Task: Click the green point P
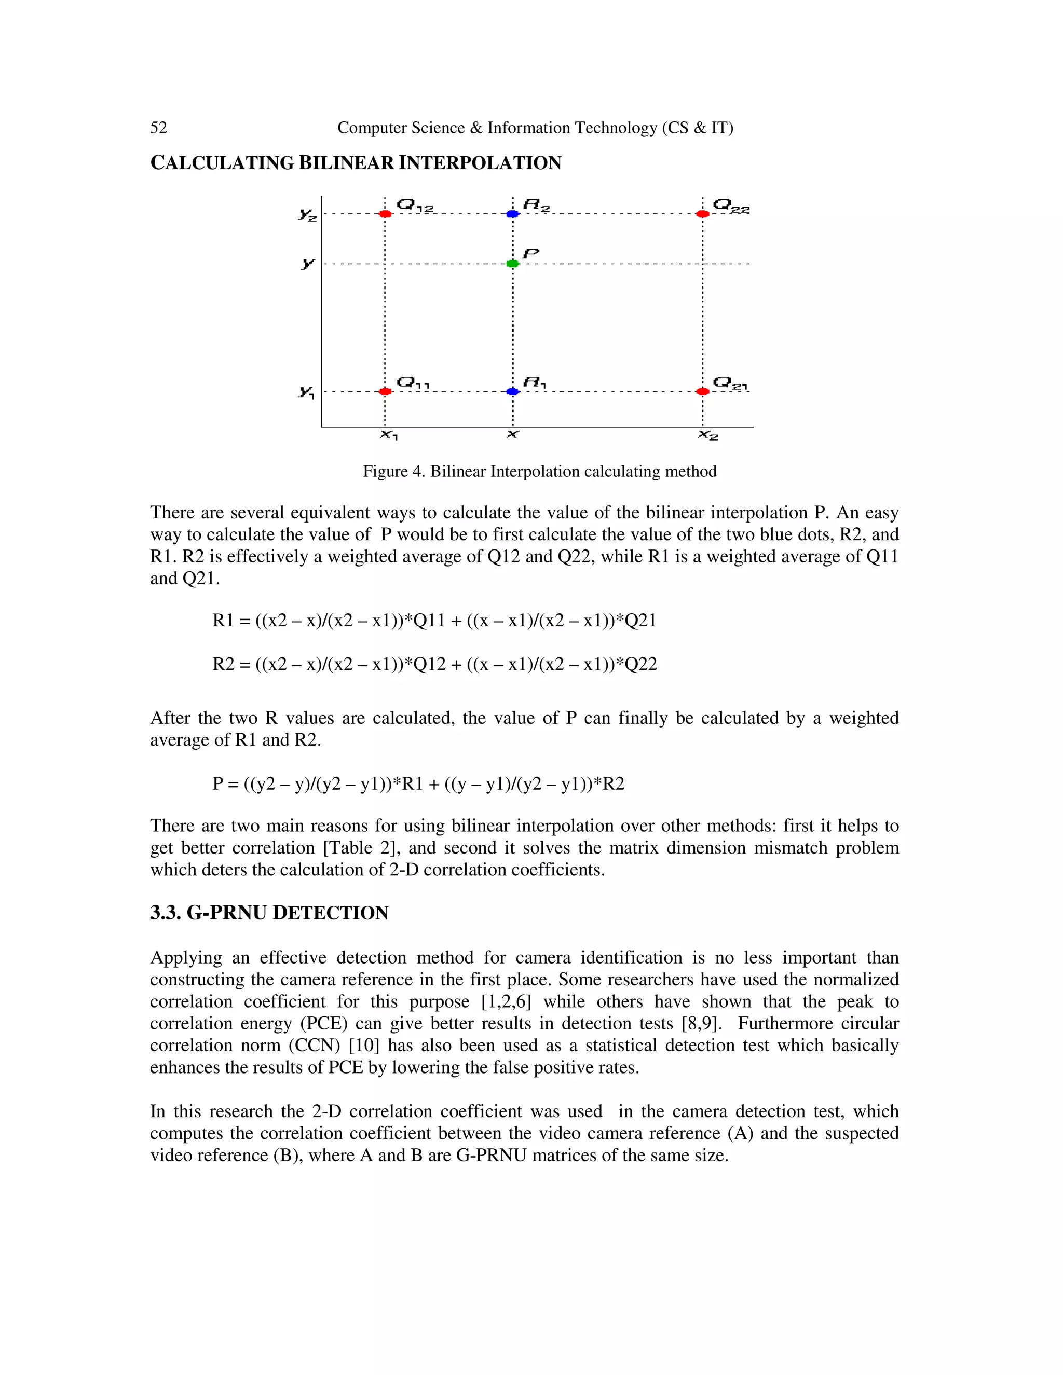[x=513, y=263]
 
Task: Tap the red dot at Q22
[x=703, y=214]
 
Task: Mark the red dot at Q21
[x=703, y=392]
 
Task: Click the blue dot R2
[x=513, y=214]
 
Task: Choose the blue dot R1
[x=513, y=392]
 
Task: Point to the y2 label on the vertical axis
[x=307, y=215]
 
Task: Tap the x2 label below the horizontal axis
[x=708, y=435]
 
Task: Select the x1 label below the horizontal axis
[x=389, y=435]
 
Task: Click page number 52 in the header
[x=159, y=128]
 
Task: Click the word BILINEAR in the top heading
[x=346, y=163]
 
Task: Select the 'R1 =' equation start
[x=231, y=621]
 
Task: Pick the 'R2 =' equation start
[x=231, y=664]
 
